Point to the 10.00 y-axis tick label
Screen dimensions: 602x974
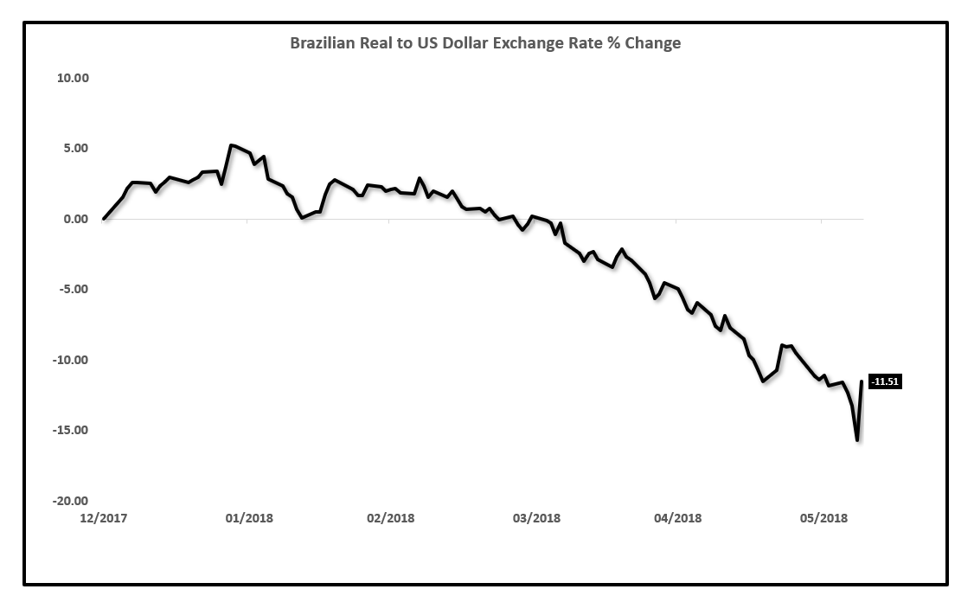click(74, 78)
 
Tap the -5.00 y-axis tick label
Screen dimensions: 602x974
click(74, 289)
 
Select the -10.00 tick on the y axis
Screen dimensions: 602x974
click(72, 360)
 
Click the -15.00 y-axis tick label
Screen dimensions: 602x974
click(72, 430)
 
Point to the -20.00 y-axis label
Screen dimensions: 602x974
click(72, 501)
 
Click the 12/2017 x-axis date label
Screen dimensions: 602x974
click(103, 518)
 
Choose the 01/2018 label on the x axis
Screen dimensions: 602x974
click(248, 518)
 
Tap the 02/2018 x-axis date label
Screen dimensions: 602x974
click(390, 518)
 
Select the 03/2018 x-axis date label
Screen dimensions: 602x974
click(536, 518)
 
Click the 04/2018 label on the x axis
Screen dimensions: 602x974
click(677, 518)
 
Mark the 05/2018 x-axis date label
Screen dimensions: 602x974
click(823, 518)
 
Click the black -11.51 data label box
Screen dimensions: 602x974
click(885, 381)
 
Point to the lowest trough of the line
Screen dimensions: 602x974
click(857, 440)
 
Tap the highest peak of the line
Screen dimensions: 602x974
click(231, 145)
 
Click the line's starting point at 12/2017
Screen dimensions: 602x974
click(104, 219)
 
